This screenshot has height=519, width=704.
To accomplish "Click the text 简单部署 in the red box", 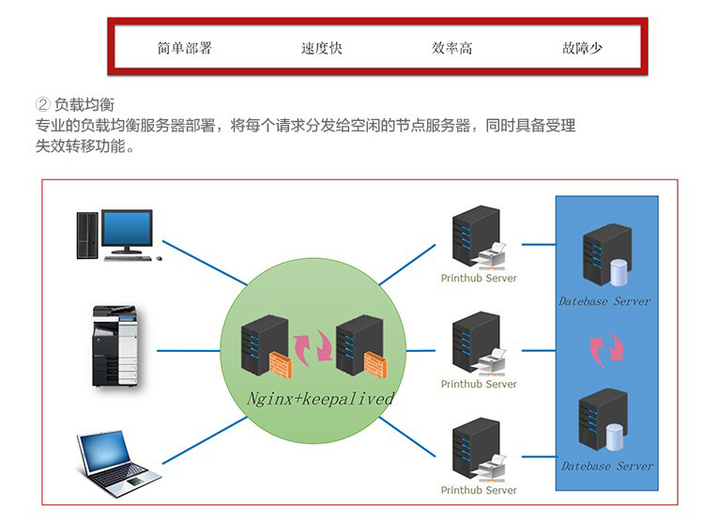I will point(185,48).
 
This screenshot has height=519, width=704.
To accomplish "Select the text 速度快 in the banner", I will point(321,48).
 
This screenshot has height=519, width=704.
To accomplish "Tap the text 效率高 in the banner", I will point(452,48).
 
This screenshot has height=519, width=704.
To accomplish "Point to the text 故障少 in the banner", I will point(582,48).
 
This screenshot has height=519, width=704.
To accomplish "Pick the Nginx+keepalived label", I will point(320,398).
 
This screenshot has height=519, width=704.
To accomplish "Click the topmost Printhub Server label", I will point(479,278).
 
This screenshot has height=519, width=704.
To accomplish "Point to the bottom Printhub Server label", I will point(479,490).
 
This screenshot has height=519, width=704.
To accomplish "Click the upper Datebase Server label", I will point(604,301).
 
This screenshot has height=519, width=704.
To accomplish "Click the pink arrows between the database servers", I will point(603,349).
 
